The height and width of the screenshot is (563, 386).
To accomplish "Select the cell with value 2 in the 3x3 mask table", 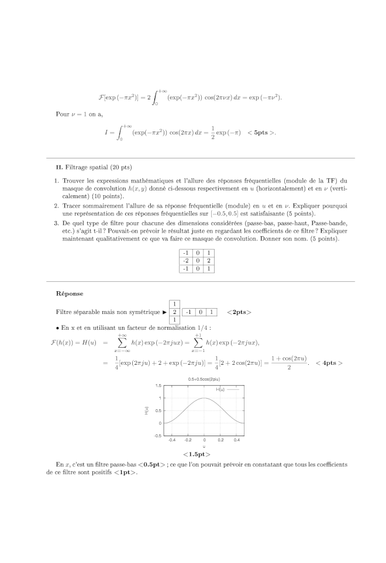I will point(208,260).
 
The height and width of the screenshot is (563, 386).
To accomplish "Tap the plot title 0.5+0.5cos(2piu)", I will point(204,379).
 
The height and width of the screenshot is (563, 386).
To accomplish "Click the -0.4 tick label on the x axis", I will point(172,439).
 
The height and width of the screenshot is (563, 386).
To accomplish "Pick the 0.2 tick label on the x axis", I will point(221,439).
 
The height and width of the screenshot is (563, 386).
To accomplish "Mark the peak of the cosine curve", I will point(204,398).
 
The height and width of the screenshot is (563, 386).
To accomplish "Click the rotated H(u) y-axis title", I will point(147,411).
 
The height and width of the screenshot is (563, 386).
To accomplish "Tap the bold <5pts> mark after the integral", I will point(260,133).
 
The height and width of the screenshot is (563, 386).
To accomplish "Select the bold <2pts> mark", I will point(239,312).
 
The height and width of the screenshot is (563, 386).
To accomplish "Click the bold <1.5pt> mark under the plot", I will point(197,454).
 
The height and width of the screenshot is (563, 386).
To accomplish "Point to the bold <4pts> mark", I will point(329,362).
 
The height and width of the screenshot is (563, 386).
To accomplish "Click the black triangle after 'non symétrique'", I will point(165,312).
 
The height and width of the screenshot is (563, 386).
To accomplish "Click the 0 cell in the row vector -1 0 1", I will point(200,312).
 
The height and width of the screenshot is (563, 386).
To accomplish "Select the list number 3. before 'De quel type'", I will point(56,223).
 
